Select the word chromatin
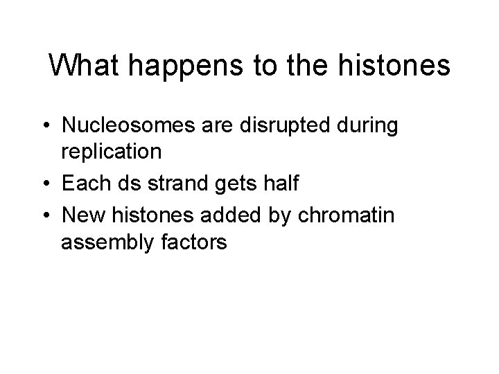point(353,217)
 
